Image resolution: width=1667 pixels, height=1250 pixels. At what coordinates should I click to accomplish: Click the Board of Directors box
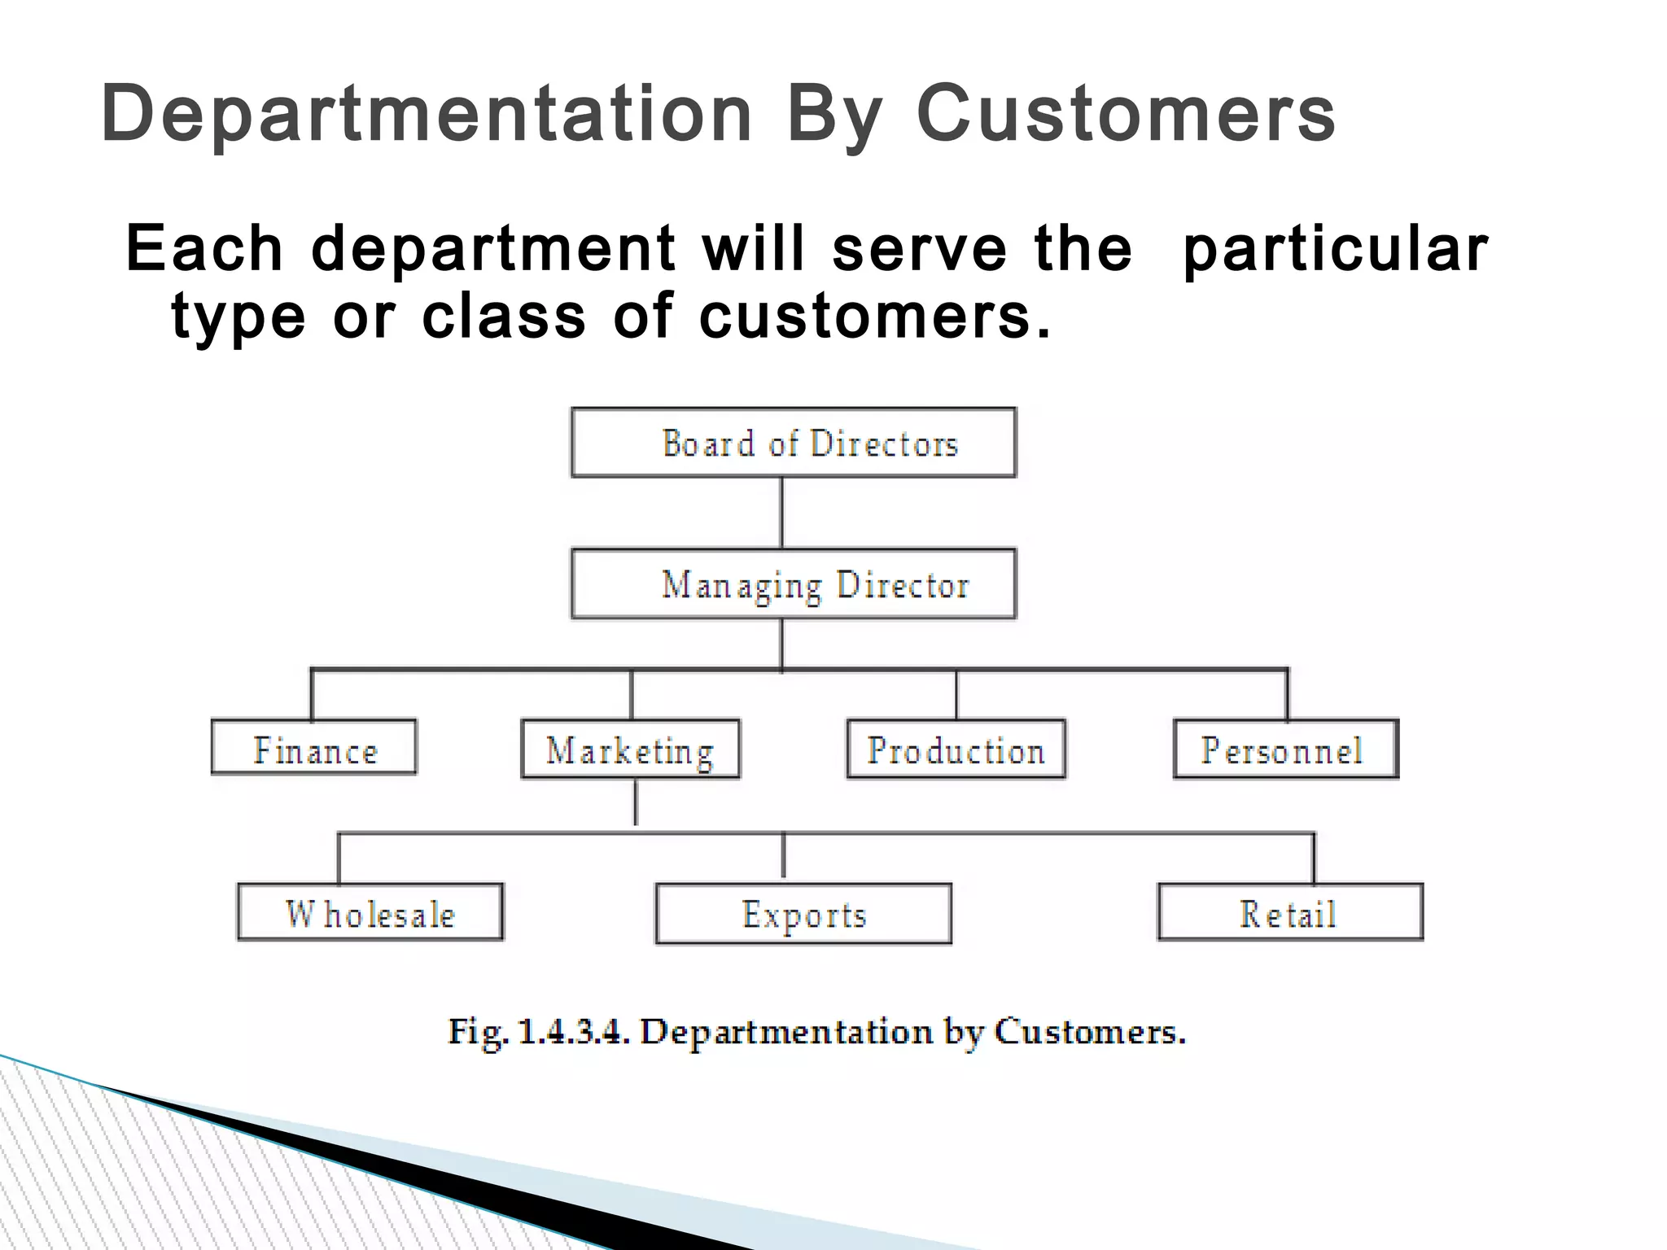pos(794,443)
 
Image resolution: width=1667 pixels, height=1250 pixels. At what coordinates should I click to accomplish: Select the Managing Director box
pos(794,584)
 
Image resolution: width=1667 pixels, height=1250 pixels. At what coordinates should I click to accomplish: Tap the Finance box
pos(314,747)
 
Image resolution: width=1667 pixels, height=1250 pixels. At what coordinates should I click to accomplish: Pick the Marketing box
pos(631,750)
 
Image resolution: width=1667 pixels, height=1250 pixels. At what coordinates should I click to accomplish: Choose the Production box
pos(956,750)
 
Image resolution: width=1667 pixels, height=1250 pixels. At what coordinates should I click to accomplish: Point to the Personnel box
pos(1286,750)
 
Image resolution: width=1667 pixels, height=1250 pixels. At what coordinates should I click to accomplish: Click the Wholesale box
pos(370,913)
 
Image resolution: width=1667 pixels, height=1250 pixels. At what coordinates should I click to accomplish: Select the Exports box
pos(803,915)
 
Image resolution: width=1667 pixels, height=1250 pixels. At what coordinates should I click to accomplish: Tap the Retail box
pos(1290,913)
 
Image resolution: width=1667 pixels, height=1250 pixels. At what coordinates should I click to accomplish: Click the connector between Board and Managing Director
pos(782,513)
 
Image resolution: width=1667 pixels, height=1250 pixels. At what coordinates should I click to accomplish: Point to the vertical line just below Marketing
pos(636,802)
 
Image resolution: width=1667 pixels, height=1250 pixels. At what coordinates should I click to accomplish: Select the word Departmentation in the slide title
pos(427,114)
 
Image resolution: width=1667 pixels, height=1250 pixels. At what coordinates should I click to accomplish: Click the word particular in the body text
pos(1335,249)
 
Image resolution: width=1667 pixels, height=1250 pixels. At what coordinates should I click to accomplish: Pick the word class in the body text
pos(504,316)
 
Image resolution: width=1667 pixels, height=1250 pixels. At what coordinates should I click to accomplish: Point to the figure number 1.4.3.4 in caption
pos(573,1032)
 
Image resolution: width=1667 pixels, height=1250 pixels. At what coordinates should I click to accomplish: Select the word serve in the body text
pos(919,249)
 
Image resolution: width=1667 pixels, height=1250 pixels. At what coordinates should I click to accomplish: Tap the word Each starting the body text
pos(204,247)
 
